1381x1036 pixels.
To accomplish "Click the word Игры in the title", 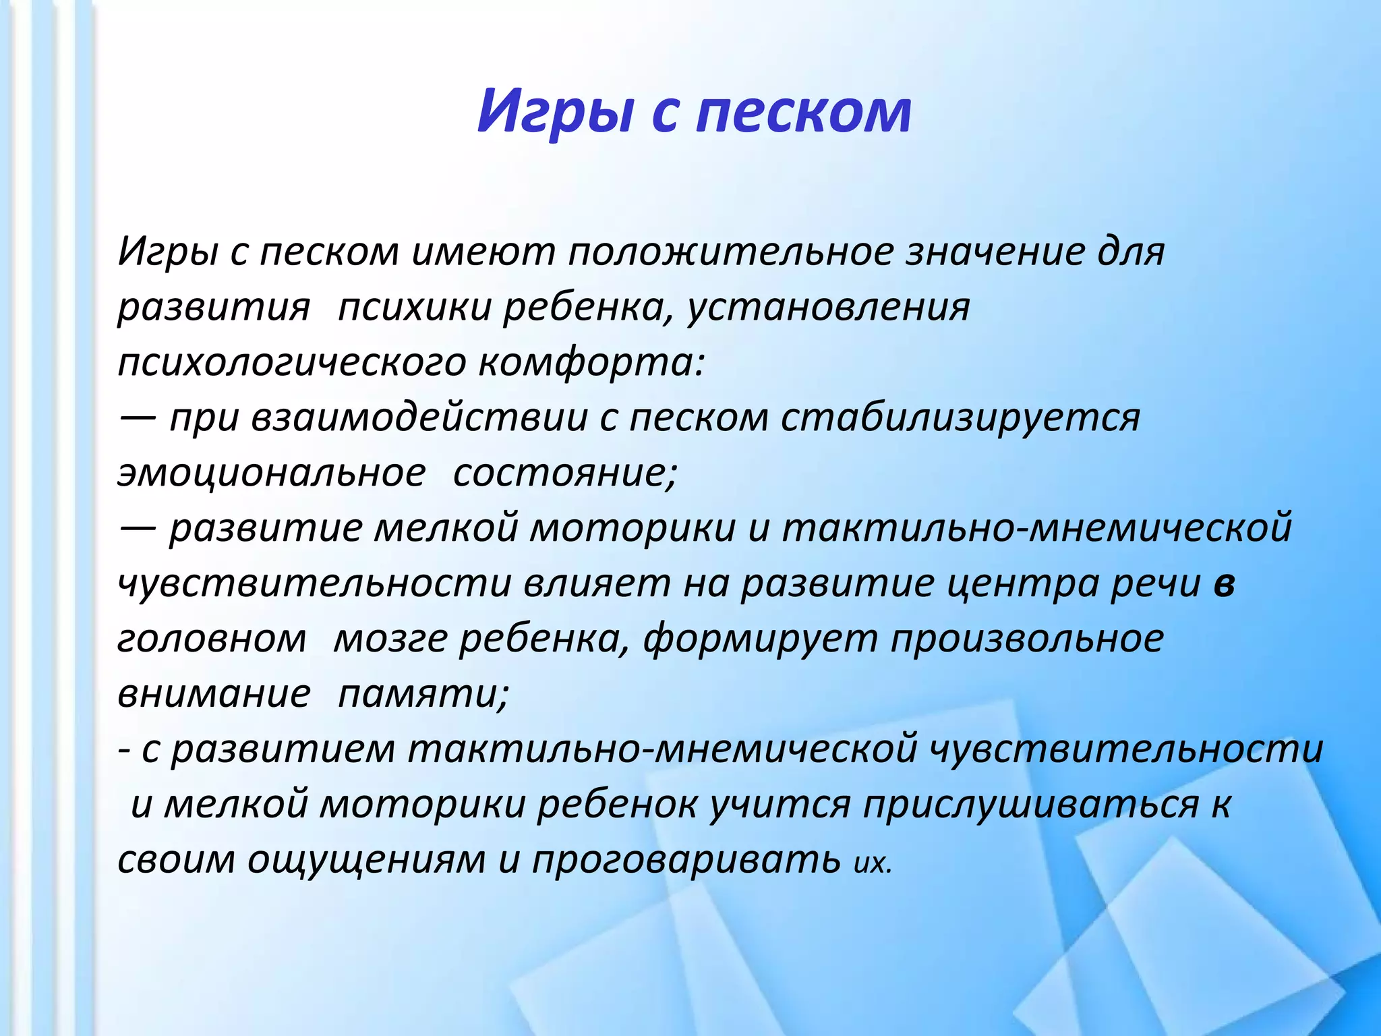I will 555,111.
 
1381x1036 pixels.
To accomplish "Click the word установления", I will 829,308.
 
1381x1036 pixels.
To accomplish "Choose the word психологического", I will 291,364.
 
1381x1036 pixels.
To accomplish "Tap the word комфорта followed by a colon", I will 591,364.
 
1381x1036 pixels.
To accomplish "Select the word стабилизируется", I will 960,418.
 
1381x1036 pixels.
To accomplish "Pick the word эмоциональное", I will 271,473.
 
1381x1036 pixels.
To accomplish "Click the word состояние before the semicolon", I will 564,473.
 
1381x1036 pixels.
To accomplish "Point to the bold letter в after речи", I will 1224,584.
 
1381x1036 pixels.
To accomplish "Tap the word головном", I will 212,639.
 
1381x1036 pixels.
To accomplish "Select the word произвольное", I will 1027,639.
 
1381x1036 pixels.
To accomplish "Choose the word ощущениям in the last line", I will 366,861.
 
